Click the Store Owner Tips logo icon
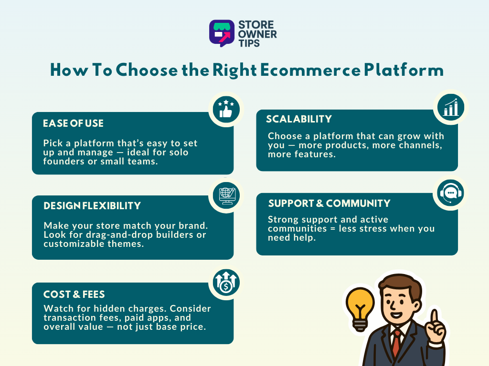(222, 32)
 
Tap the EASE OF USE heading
(73, 123)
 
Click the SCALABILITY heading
(298, 119)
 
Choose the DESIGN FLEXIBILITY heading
(92, 206)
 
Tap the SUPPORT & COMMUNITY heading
(329, 203)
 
